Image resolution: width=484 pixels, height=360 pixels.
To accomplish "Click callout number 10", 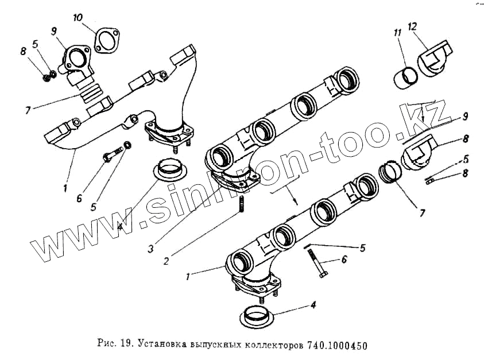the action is pos(78,17).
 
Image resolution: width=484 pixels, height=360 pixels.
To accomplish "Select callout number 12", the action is pos(412,26).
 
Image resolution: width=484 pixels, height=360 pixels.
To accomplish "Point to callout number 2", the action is pos(166,261).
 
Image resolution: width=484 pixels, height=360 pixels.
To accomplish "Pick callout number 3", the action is pos(150,249).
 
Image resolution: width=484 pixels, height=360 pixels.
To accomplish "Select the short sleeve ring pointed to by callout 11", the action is pos(406,78).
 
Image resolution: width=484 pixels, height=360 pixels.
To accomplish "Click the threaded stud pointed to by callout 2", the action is pos(241,204).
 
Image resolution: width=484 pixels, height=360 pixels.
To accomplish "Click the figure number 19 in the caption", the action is pos(128,343).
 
